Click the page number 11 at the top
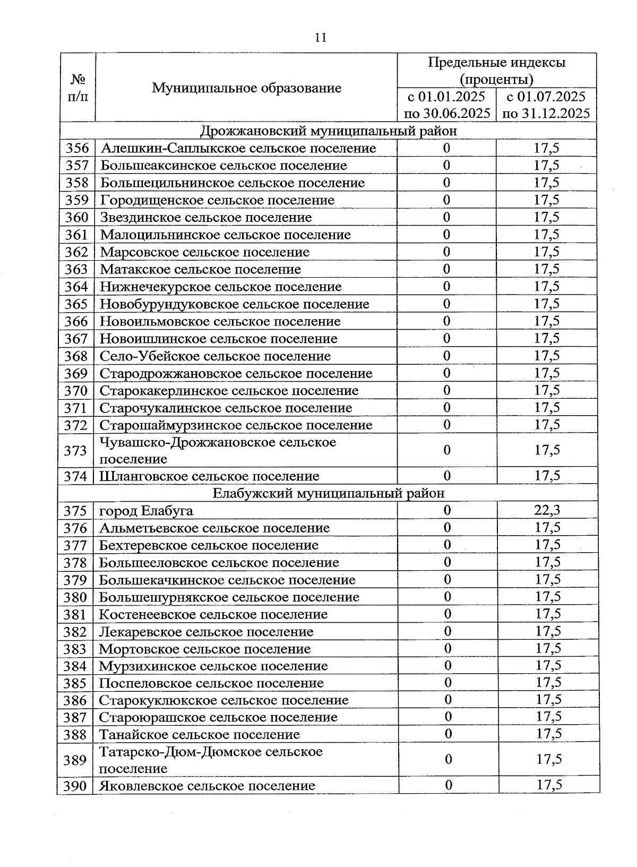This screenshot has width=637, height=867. [320, 37]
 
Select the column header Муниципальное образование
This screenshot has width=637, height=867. [246, 88]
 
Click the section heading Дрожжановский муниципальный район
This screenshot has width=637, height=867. [329, 131]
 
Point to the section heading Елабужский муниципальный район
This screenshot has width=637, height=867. [329, 493]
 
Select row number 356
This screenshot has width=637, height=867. [77, 148]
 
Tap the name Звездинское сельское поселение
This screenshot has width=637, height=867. [206, 217]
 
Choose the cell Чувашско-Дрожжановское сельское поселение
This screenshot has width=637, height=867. [218, 450]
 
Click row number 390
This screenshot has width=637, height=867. [75, 786]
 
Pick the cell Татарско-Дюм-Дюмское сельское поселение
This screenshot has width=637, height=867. [211, 760]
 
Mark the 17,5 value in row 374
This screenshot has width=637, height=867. [547, 476]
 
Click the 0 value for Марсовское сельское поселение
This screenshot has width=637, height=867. [446, 252]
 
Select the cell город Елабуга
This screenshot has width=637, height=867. [146, 511]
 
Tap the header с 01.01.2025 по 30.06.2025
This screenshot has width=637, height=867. [446, 105]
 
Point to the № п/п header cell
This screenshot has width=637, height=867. [78, 88]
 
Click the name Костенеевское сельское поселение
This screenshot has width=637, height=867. [213, 614]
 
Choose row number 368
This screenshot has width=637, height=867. [76, 356]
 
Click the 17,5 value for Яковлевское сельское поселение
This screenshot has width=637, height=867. [549, 785]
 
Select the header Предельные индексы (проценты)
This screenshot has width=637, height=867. [496, 71]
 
